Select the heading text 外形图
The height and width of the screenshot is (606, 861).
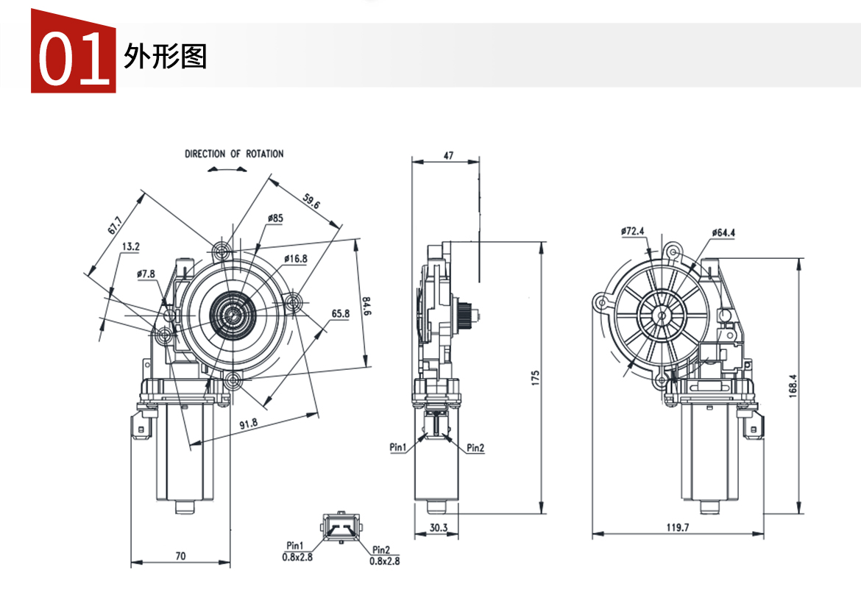166,57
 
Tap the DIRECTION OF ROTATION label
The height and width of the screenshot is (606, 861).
234,154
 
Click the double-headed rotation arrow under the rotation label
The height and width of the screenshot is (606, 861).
227,169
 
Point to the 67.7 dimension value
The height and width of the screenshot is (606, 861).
115,224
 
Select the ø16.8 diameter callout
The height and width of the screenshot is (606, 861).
295,259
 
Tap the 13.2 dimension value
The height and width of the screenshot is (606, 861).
131,247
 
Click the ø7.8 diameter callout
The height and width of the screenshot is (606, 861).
146,274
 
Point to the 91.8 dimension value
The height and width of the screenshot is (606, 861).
249,423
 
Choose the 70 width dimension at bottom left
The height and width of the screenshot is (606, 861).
180,557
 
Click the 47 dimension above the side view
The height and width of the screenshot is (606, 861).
448,155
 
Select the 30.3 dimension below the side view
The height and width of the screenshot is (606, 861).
439,527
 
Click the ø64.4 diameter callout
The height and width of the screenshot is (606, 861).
723,233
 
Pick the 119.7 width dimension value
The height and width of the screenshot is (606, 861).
677,527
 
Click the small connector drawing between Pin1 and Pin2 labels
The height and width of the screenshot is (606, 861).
340,527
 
